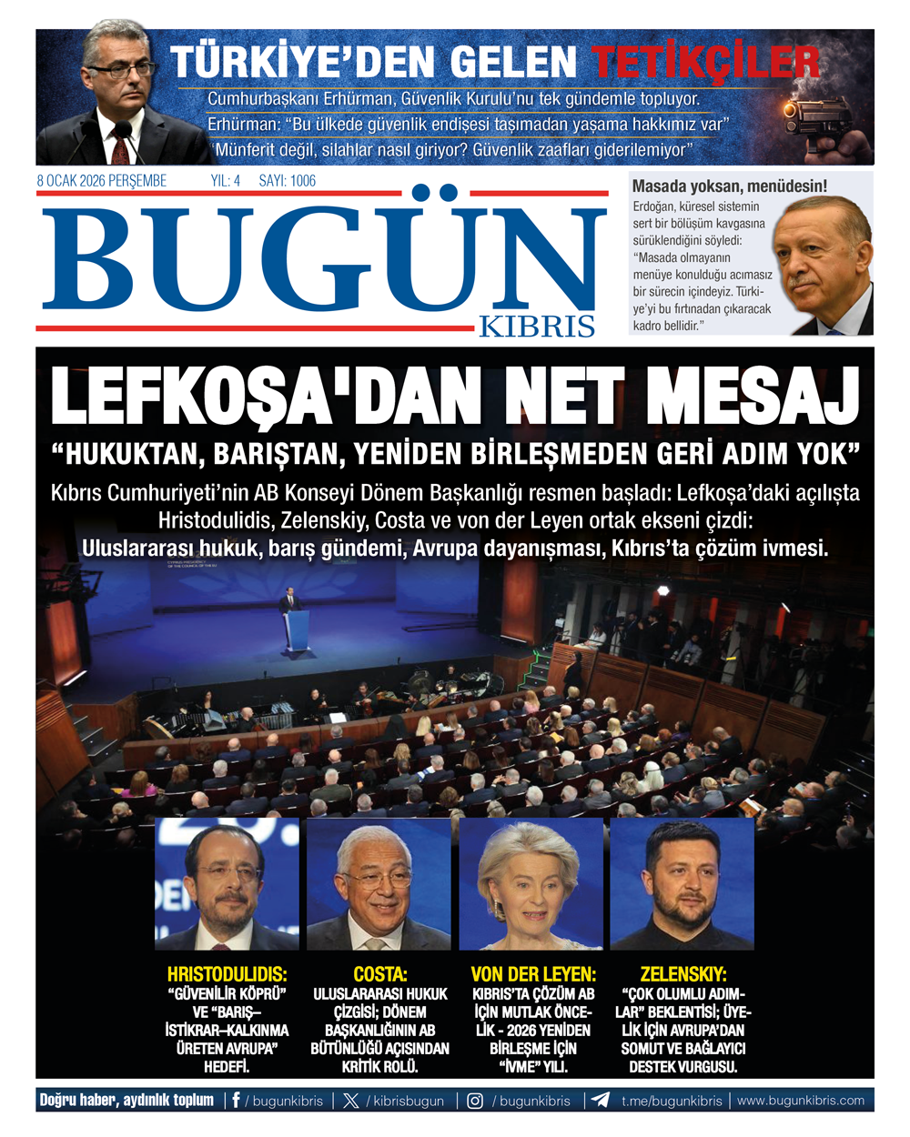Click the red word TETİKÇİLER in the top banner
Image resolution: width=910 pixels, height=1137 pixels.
tap(706, 61)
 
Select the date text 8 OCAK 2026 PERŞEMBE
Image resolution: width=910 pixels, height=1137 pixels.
tap(101, 181)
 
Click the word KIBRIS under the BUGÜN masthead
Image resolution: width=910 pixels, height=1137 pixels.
tap(537, 327)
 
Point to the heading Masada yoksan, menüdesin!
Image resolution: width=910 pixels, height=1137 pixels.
tap(730, 186)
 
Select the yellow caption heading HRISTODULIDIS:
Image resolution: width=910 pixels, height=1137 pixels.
tap(227, 973)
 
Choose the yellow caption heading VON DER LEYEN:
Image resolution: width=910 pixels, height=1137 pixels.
tap(533, 973)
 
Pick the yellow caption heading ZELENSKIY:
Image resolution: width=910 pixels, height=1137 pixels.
tap(683, 973)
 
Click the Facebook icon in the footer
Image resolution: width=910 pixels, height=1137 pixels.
tap(237, 1101)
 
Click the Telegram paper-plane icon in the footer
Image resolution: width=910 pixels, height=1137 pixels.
tap(601, 1101)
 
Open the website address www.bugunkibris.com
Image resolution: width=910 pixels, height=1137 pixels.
tap(801, 1101)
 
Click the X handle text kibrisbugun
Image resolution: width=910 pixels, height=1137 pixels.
tap(409, 1101)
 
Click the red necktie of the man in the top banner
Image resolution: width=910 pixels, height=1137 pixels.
tap(120, 146)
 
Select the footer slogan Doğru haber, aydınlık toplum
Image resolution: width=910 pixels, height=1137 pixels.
tap(126, 1101)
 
